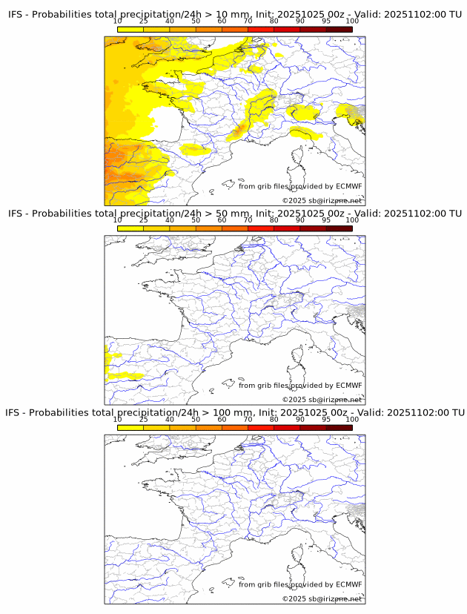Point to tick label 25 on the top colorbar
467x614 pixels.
click(x=144, y=22)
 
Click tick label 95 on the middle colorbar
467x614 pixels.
click(x=326, y=220)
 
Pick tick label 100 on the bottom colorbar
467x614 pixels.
click(x=352, y=419)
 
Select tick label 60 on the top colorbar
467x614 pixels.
click(x=222, y=22)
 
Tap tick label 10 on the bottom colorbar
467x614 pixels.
click(x=118, y=419)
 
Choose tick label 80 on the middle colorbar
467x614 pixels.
click(x=274, y=220)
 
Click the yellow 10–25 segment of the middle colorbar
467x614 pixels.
click(x=130, y=228)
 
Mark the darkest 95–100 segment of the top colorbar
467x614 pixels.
click(x=339, y=30)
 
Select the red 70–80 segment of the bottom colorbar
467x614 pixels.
click(x=261, y=427)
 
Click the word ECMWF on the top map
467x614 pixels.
click(x=348, y=186)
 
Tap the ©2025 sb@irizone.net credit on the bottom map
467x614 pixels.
click(x=322, y=598)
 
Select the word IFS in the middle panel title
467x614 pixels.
click(x=16, y=214)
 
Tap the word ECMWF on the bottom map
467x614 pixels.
click(x=348, y=584)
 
